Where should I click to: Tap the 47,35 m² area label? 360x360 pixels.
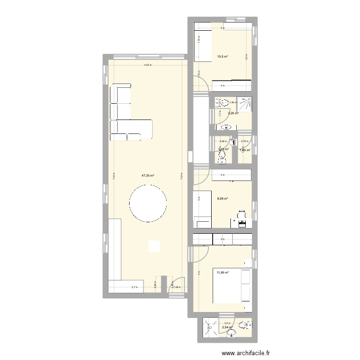coord(147,176)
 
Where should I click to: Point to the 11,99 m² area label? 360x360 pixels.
coord(222,273)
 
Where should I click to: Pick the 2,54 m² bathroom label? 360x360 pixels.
coord(228,327)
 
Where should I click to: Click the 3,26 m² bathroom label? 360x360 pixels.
coord(233,113)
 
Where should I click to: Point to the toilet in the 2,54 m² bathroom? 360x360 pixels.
coord(245,324)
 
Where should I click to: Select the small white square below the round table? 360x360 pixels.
coord(154,246)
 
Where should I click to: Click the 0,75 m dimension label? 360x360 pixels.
coord(244,141)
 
